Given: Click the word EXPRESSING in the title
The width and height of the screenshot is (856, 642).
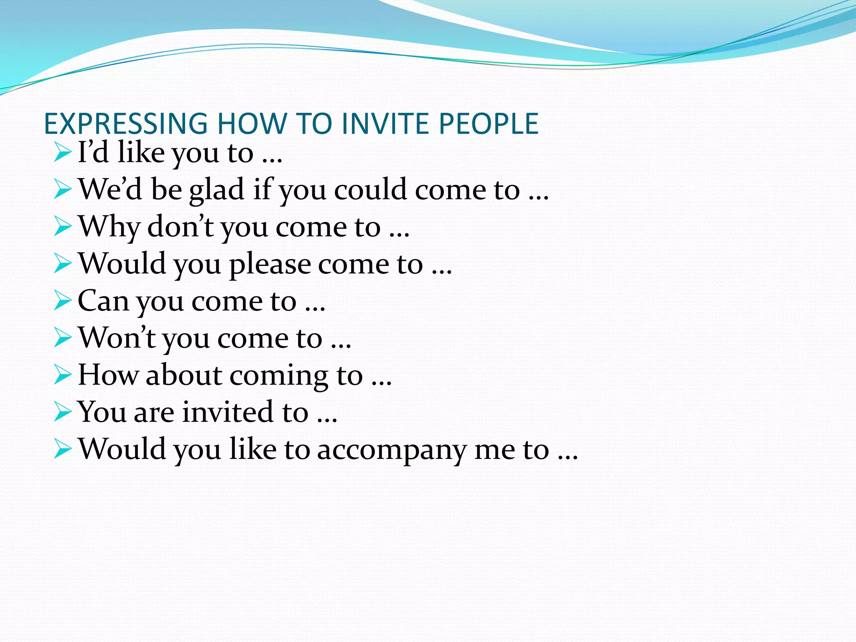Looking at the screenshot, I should (x=126, y=124).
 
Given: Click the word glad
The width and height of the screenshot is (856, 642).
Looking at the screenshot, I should (x=217, y=191).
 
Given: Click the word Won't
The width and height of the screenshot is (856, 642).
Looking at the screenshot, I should (x=117, y=338).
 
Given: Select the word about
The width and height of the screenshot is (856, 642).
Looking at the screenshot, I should (x=184, y=375).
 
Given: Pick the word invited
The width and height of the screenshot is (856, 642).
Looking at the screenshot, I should (x=229, y=412).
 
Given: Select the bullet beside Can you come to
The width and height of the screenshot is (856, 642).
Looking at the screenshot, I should (x=63, y=301).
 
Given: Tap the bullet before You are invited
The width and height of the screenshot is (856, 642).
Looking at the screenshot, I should (x=63, y=412).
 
